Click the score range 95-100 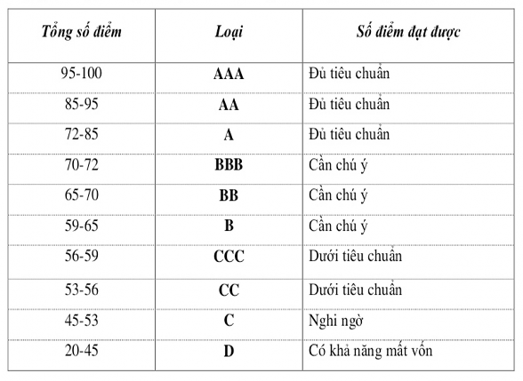[82, 73]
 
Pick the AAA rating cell [229, 74]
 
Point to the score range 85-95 [82, 104]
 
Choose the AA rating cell [229, 105]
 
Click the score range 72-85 [82, 135]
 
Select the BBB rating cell [229, 166]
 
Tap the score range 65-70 [82, 195]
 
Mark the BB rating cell [229, 196]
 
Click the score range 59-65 [82, 226]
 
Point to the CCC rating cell [229, 258]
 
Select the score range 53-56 [82, 289]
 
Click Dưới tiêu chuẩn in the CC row [355, 290]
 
